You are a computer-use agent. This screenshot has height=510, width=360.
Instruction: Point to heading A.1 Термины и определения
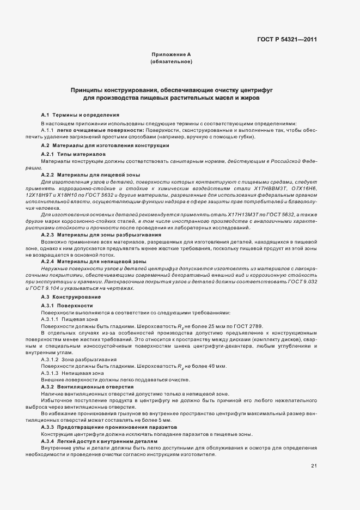pyautogui.click(x=81, y=115)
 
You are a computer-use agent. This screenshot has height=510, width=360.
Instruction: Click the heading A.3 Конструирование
pyautogui.click(x=71, y=296)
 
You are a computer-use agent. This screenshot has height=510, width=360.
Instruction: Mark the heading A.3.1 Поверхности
pyautogui.click(x=70, y=306)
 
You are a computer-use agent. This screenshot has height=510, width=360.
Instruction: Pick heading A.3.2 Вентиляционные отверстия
pyautogui.click(x=87, y=386)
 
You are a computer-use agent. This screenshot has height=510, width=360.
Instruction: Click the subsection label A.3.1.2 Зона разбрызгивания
pyautogui.click(x=78, y=360)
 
